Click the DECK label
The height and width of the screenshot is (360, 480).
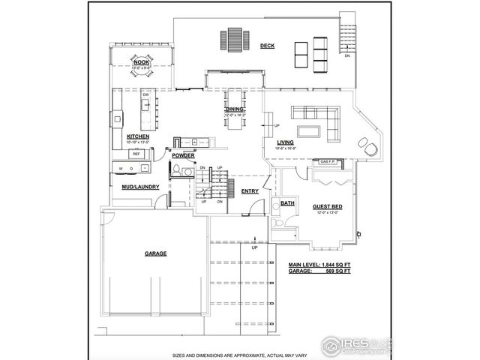click(267, 46)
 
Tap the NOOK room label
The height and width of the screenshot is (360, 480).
click(141, 62)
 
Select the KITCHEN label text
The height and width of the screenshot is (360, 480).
click(137, 136)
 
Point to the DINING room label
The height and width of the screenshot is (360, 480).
click(235, 109)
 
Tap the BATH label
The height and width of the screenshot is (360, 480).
click(287, 203)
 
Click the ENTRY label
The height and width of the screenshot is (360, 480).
click(250, 190)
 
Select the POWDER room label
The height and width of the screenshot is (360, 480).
click(182, 155)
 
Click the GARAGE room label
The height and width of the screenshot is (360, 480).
click(155, 253)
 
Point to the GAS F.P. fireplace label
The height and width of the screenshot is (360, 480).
click(328, 162)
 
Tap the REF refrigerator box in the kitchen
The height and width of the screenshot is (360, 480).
click(136, 154)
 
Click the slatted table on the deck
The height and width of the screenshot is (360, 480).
click(234, 39)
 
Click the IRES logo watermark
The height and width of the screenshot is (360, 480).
click(352, 345)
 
